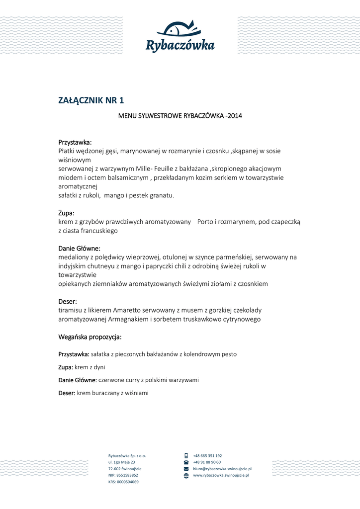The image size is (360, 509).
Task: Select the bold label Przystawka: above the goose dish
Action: click(x=75, y=142)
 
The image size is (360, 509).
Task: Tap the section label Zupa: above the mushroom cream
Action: click(x=67, y=213)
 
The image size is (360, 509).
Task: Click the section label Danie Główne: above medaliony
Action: click(x=80, y=248)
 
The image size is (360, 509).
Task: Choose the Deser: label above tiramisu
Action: click(x=68, y=301)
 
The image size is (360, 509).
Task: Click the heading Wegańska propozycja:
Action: click(x=90, y=337)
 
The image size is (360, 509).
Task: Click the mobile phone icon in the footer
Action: click(x=186, y=455)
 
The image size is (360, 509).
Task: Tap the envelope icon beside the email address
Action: click(x=186, y=469)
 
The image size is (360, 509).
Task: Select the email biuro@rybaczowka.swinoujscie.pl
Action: click(x=222, y=469)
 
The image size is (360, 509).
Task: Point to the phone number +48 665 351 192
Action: click(x=207, y=455)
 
